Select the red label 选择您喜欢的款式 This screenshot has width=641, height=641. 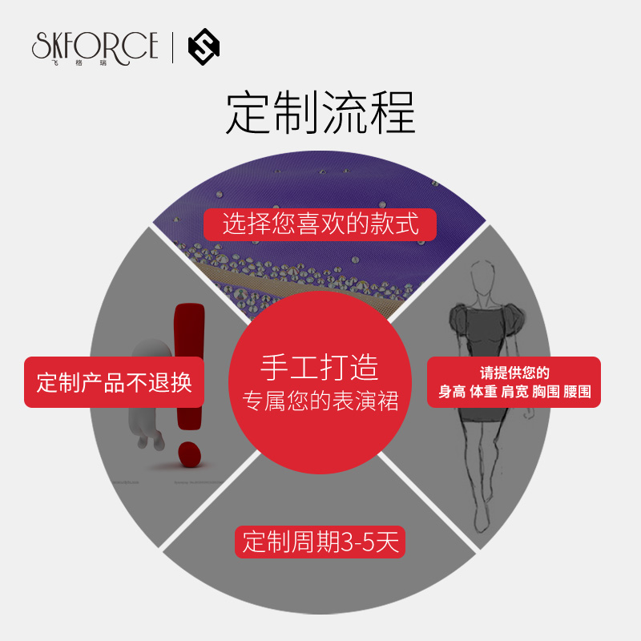320,224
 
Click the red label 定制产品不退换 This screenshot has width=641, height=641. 115,382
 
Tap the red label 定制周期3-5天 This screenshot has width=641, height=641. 320,542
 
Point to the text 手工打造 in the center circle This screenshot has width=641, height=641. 320,367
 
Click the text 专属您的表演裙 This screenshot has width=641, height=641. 320,401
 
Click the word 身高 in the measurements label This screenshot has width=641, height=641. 452,393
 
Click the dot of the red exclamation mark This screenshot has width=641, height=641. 187,454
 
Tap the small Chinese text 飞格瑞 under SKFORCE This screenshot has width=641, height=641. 95,62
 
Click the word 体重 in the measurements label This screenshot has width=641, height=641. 483,393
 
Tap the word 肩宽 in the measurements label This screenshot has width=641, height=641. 514,393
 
